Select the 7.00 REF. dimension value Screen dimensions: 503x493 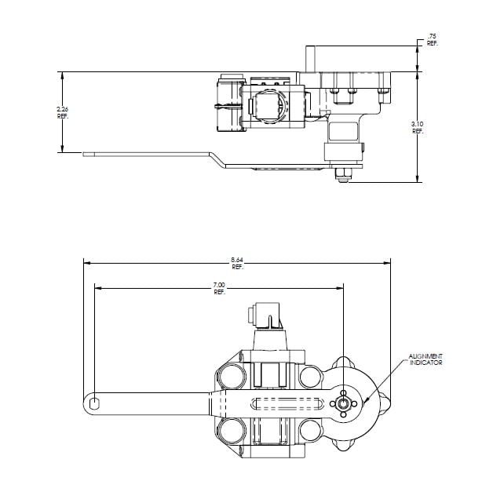point(219,289)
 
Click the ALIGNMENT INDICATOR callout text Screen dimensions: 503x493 point(425,360)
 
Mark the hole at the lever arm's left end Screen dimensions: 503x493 point(94,403)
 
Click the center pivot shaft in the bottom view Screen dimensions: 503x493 point(343,403)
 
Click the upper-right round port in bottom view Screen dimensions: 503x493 point(310,377)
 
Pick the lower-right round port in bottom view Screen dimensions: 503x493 point(310,430)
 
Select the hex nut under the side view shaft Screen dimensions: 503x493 point(343,175)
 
